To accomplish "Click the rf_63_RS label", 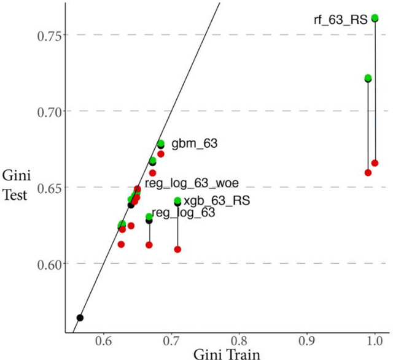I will [340, 20].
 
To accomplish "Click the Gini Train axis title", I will [225, 353].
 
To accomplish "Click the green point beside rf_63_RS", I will [375, 18].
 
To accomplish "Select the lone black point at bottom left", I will [80, 318].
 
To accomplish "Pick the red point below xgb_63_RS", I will [177, 250].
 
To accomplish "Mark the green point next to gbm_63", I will [161, 144].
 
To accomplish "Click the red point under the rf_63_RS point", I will [375, 163].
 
